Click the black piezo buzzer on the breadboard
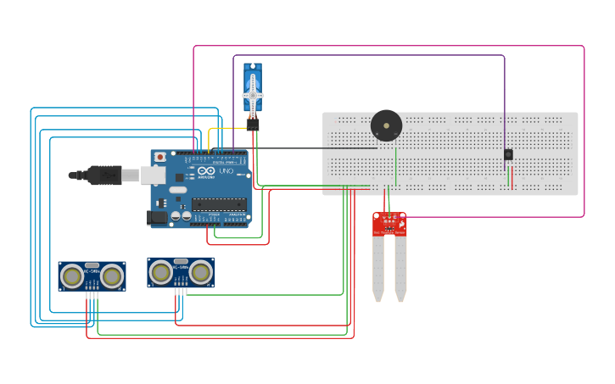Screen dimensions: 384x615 click(x=386, y=126)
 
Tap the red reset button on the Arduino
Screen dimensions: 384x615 click(x=159, y=157)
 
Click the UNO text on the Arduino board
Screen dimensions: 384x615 click(x=226, y=171)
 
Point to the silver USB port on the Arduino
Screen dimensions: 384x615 click(x=153, y=175)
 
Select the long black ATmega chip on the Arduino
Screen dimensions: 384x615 click(x=219, y=203)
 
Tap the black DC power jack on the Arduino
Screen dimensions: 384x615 click(x=157, y=217)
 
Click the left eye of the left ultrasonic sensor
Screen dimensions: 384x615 click(x=73, y=275)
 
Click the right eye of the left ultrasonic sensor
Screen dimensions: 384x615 click(x=111, y=275)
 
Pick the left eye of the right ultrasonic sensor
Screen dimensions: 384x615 click(x=161, y=272)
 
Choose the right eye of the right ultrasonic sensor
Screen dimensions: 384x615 click(x=200, y=272)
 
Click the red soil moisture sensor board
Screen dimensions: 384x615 click(x=389, y=224)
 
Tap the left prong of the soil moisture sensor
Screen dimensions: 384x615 click(x=377, y=267)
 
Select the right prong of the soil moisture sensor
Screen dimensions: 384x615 click(x=400, y=267)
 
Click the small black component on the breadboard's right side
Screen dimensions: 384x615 click(x=508, y=155)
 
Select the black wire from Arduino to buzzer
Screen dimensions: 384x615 click(x=314, y=148)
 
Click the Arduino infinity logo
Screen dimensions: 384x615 click(x=207, y=171)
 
